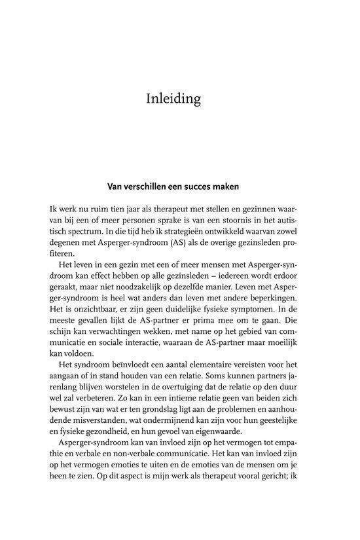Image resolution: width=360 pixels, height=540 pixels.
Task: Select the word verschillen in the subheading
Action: click(x=143, y=187)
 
